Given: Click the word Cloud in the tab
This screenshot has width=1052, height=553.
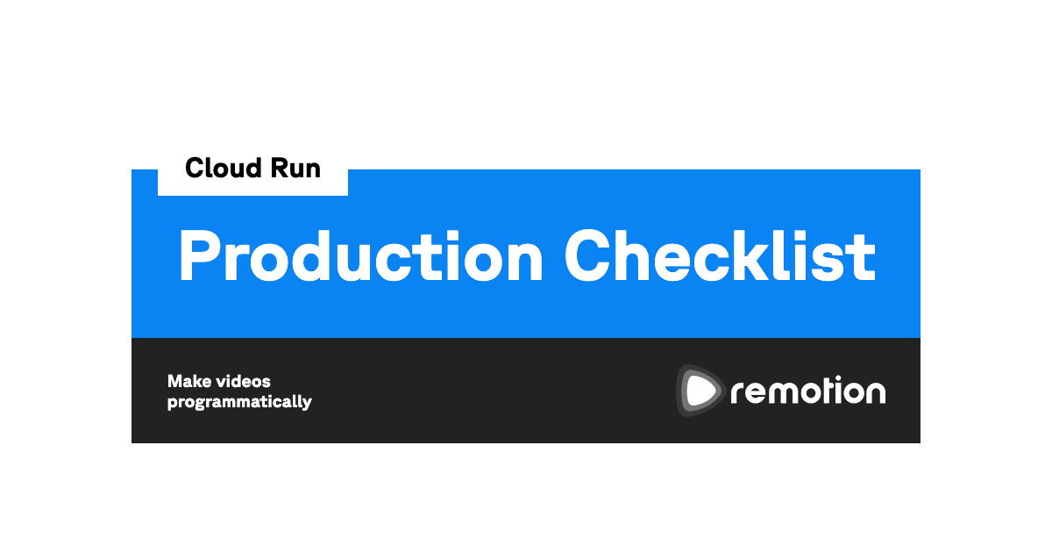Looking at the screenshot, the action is click(x=224, y=168).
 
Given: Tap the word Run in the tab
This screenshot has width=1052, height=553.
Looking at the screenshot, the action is click(x=296, y=168).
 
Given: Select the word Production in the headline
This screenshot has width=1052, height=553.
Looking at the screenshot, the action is click(x=360, y=256).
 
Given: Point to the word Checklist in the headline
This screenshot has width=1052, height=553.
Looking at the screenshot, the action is click(x=720, y=255).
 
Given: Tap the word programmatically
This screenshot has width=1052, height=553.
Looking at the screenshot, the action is click(x=239, y=403).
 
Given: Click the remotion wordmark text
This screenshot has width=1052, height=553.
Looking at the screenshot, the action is click(x=808, y=391).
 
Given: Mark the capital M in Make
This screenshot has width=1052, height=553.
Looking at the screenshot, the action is click(x=175, y=381).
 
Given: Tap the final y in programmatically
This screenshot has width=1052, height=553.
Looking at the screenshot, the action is click(x=306, y=404).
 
